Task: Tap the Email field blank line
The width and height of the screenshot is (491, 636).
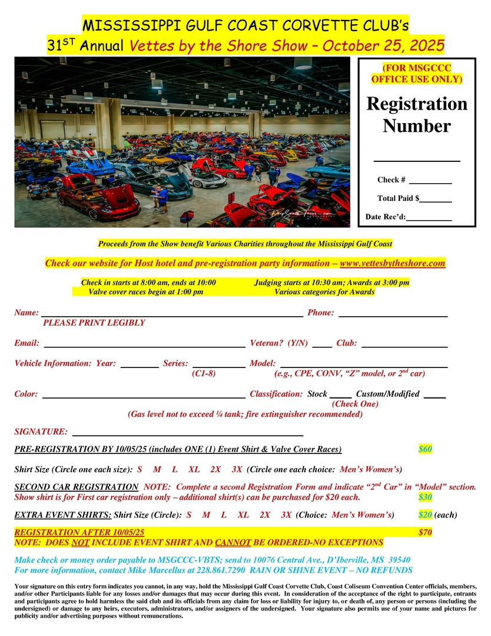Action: (x=144, y=346)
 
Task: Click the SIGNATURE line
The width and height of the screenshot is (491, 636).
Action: (x=187, y=434)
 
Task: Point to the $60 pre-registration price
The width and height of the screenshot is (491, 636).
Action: (x=425, y=449)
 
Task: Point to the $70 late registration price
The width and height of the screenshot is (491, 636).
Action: (x=425, y=532)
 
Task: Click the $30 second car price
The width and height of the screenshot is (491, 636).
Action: (x=425, y=498)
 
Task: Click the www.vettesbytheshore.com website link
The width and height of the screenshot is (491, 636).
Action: (x=392, y=263)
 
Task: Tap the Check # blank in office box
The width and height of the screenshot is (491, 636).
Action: (x=430, y=182)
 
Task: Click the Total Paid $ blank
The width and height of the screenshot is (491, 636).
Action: (x=436, y=201)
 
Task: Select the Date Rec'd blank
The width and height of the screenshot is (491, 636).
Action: (x=429, y=220)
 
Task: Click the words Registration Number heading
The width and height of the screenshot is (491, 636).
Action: (x=417, y=115)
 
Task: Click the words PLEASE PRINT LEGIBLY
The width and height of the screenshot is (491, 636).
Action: (x=94, y=323)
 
